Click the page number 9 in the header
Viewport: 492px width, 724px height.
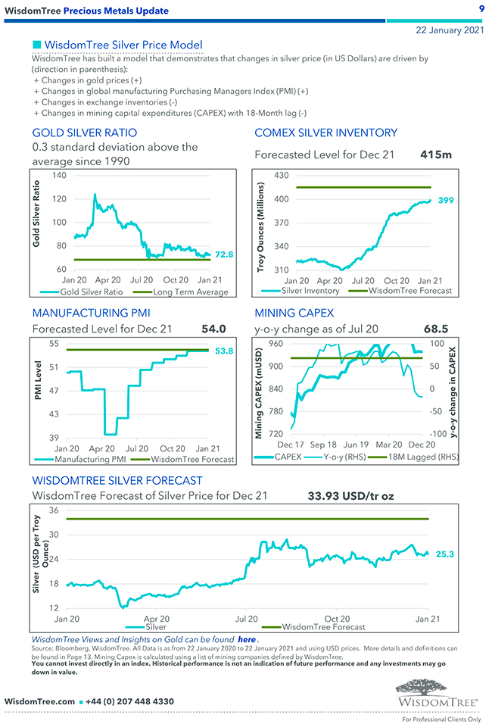pos(481,8)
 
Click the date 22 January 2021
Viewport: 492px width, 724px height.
pos(450,30)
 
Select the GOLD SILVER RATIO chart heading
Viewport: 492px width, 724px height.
pos(84,133)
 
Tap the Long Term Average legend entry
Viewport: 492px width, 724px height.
pos(190,292)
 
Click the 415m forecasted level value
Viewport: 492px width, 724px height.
pos(435,154)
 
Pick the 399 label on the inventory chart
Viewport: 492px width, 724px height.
pos(446,200)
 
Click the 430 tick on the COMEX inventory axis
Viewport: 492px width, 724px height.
pos(281,176)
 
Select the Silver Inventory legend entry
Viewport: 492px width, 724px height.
pos(310,291)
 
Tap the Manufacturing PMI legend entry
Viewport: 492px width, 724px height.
pos(89,460)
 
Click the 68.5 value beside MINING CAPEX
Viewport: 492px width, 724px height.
pos(437,329)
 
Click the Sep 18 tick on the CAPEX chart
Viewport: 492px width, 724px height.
pos(323,445)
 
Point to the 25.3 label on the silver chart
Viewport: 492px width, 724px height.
pos(445,554)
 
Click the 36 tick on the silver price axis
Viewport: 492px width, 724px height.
pos(54,510)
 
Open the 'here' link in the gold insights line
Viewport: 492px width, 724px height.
pos(246,640)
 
